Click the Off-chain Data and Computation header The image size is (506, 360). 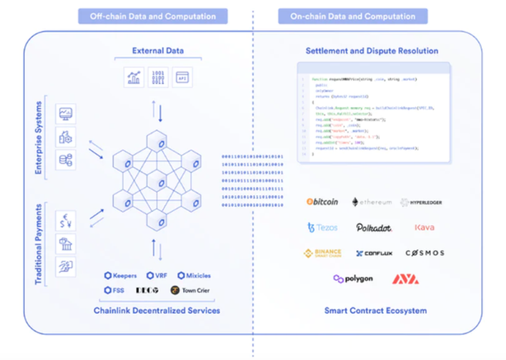pos(153,16)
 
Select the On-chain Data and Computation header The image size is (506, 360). pos(352,16)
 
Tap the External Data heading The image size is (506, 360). pos(158,51)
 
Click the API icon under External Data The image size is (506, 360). pos(182,78)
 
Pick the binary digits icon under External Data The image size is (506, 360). pos(158,78)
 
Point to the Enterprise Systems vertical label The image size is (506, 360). pos(39,137)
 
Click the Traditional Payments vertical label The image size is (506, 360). pos(39,244)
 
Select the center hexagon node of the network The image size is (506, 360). pos(156,181)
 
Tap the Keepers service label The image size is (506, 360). pos(120,276)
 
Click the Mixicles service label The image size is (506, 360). pos(194,276)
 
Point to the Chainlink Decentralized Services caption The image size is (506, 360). pos(157,311)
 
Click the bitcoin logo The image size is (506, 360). pos(322,202)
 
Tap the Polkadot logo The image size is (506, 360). pos(374,227)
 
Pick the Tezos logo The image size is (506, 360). pos(322,227)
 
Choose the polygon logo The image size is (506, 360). pos(353,279)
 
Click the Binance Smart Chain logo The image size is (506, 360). pos(322,253)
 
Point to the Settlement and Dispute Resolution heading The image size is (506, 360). pos(372,51)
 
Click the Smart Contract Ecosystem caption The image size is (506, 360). pos(375,311)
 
